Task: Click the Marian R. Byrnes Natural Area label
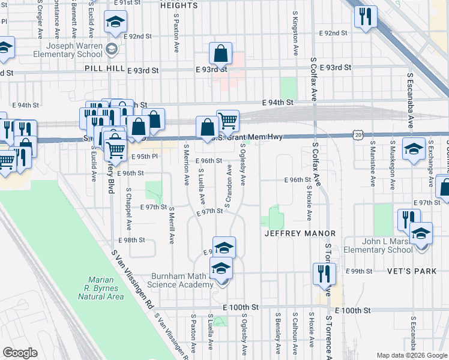[x=105, y=288]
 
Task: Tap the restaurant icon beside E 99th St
[x=324, y=273]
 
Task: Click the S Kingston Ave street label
[x=295, y=34]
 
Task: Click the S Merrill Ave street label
[x=172, y=225]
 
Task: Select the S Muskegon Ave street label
[x=391, y=163]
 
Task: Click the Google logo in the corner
[x=20, y=353]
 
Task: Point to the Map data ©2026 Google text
[x=411, y=355]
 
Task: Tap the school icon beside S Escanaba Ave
[x=414, y=149]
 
